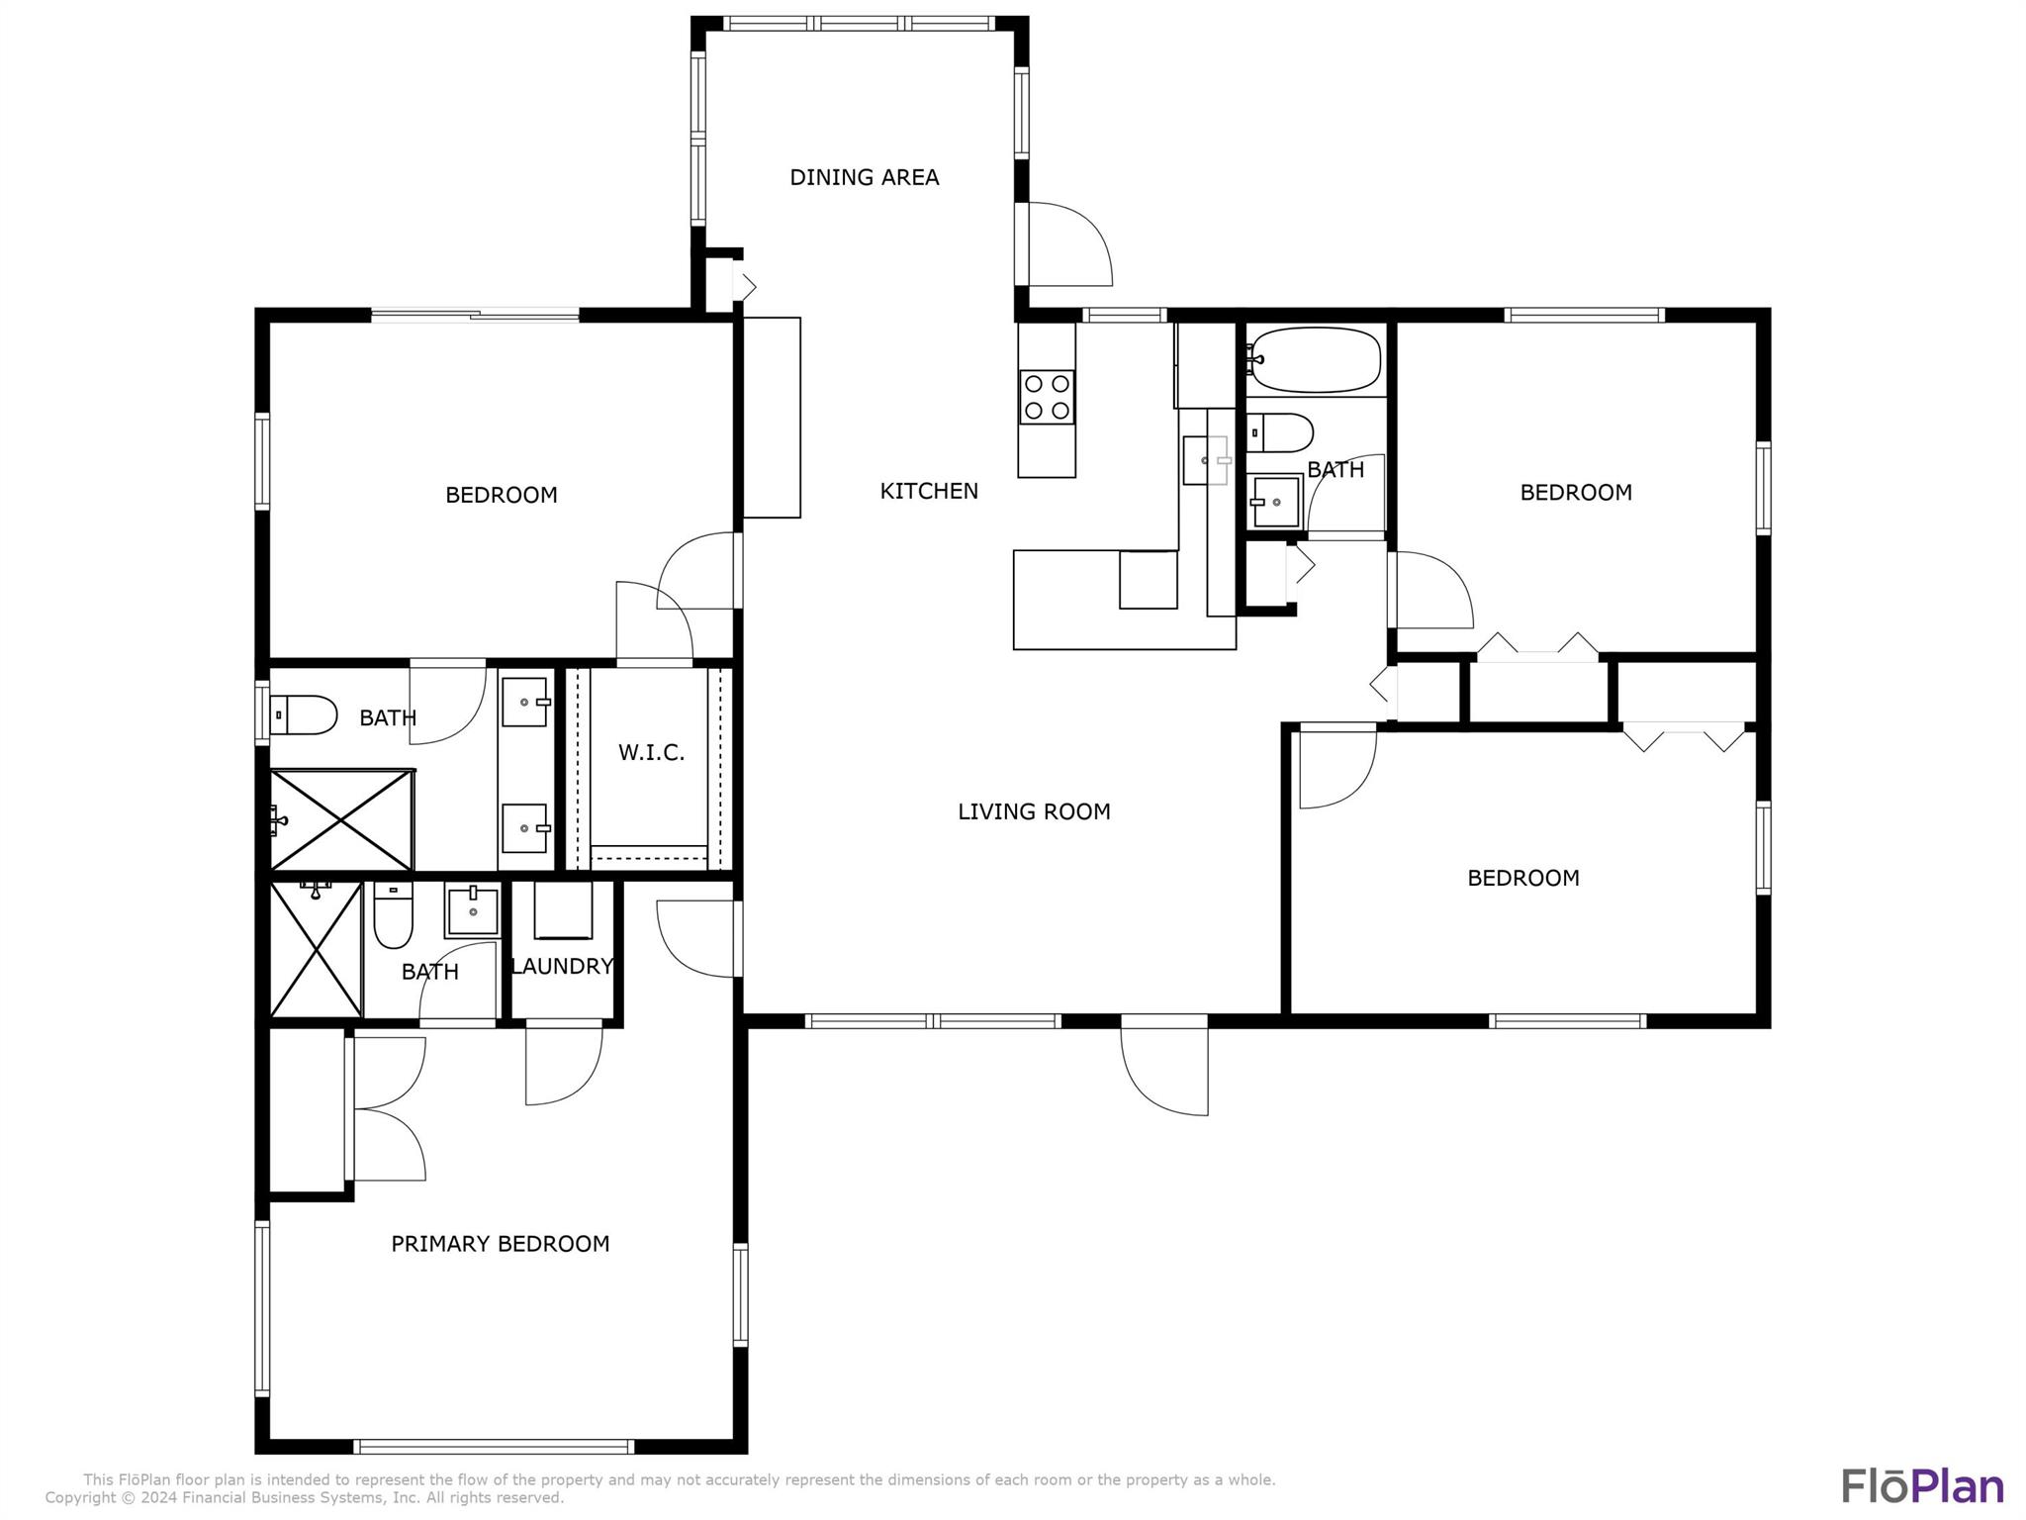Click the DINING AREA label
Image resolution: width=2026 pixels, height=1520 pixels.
pos(864,177)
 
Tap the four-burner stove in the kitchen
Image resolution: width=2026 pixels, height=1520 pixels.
pos(1047,397)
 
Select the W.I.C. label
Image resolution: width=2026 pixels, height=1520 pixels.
pos(651,752)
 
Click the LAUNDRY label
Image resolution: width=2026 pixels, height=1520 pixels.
pos(562,966)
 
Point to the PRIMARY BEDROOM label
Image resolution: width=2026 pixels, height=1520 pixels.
pos(500,1244)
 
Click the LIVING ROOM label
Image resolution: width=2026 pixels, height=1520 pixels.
pos(1034,811)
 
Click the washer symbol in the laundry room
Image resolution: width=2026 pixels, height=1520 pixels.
pos(563,909)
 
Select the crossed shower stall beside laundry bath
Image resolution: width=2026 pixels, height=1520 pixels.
pos(316,948)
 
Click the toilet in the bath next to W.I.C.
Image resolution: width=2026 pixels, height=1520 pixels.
pos(304,714)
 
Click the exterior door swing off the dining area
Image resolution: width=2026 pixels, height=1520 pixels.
pos(1068,244)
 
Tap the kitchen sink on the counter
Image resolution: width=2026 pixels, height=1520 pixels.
pos(1206,460)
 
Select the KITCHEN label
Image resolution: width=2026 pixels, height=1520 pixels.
pos(929,491)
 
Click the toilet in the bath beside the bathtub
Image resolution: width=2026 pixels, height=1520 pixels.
pos(1280,432)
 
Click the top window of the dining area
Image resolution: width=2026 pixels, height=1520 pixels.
pos(859,24)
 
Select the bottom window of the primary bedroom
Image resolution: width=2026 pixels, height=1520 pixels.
pos(494,1447)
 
